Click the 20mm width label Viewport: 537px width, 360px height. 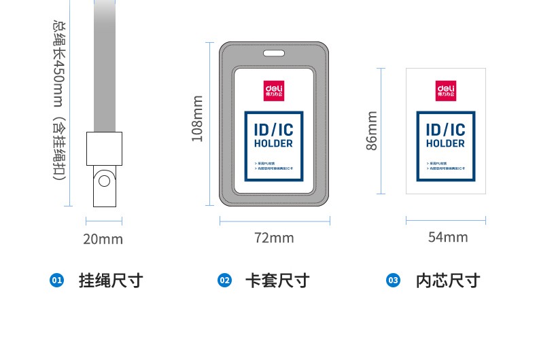103,239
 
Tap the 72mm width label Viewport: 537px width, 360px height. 274,238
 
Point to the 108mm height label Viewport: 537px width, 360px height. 197,118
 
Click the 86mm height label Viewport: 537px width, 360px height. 372,131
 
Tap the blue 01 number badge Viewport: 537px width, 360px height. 56,281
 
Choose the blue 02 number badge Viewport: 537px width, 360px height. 224,281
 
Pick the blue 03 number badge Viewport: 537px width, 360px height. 393,281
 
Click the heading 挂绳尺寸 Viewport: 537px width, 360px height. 111,281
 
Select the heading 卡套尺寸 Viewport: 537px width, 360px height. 277,281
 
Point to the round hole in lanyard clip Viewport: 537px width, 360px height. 104,181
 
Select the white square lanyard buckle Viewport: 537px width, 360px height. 103,149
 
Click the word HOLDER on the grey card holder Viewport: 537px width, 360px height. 274,143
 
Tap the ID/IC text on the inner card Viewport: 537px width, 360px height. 446,129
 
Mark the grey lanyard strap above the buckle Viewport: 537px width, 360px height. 104,68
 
